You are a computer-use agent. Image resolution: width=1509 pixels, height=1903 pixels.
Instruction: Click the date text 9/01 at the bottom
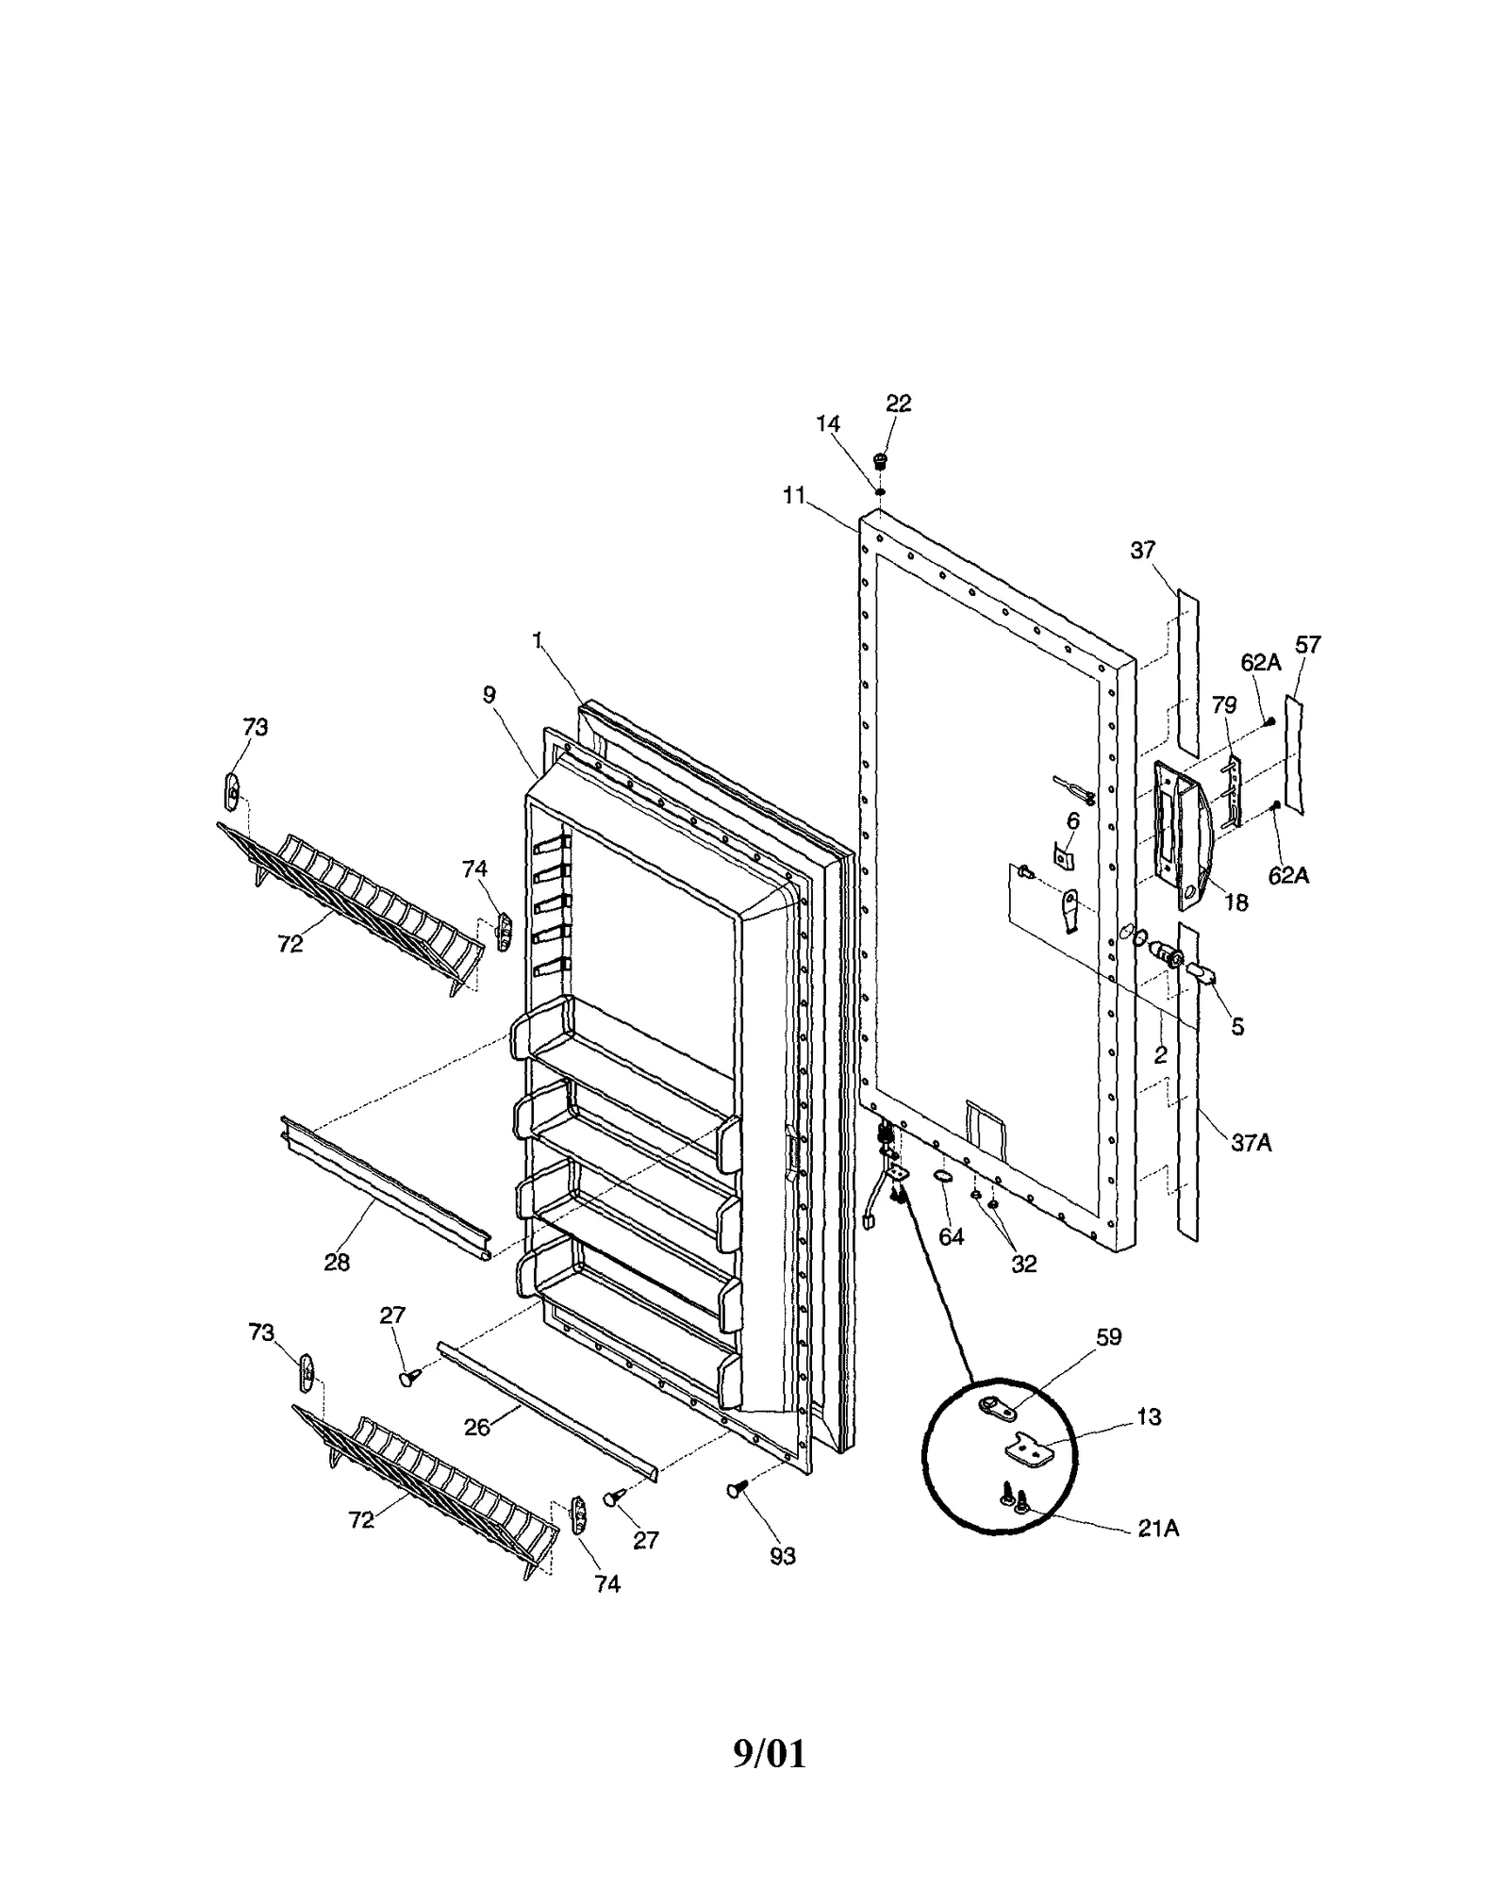pos(770,1754)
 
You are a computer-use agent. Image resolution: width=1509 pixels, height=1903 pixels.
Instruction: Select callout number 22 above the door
pos(898,404)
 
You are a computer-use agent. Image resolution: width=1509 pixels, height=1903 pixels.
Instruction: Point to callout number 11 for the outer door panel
pos(794,495)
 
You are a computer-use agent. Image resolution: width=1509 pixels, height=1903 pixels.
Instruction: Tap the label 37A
pos(1251,1143)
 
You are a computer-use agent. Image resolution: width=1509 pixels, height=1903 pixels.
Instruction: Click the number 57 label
pos(1307,645)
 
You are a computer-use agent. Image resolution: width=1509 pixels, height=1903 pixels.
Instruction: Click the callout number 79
pos(1223,705)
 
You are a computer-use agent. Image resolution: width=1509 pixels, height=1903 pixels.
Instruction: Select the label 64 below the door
pos(952,1237)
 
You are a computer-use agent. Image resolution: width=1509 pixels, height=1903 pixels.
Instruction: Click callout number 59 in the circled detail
pos(1108,1337)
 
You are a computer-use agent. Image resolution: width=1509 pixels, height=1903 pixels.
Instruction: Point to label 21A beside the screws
pos(1157,1529)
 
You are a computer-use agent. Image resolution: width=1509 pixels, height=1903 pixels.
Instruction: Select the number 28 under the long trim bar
pos(337,1263)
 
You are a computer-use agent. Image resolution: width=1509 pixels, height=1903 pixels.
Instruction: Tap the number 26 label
pos(477,1428)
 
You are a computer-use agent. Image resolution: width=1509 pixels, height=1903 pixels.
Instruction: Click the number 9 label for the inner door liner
pos(489,695)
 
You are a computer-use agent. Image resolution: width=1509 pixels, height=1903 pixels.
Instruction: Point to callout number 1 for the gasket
pos(538,641)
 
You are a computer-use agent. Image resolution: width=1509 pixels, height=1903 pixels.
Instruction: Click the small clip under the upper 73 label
pos(231,790)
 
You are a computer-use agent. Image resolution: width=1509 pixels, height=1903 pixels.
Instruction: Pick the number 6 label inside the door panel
pos(1072,822)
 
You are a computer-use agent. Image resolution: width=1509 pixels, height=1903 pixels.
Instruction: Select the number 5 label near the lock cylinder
pos(1237,1027)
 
